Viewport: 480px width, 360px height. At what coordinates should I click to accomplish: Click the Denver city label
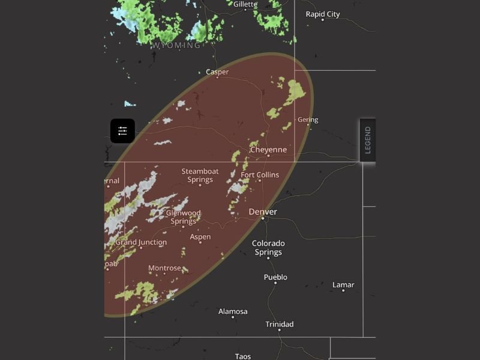tap(263, 212)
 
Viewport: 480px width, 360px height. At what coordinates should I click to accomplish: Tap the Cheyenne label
tap(268, 149)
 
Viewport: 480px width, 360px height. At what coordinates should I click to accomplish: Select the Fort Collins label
tap(260, 175)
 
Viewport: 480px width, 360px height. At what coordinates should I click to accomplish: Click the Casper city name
tap(217, 72)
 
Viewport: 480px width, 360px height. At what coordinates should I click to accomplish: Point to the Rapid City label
tap(322, 14)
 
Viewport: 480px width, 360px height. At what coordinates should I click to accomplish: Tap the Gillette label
tap(245, 4)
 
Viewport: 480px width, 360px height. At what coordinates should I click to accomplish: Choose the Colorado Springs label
tap(268, 248)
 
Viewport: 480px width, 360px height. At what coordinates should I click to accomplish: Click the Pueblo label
tap(275, 277)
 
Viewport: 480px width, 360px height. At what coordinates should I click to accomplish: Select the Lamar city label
tap(343, 284)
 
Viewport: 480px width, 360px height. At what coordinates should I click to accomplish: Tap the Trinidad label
tap(280, 324)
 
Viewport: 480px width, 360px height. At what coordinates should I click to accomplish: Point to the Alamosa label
tap(233, 311)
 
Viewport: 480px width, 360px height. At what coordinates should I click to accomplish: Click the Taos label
tap(243, 356)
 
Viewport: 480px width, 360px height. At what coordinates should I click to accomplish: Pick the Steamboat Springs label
tap(200, 175)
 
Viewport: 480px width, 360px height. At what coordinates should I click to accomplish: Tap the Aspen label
tap(200, 237)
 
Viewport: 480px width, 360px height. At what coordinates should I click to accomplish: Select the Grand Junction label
tap(141, 242)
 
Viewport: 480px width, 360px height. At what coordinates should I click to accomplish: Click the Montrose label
tap(164, 268)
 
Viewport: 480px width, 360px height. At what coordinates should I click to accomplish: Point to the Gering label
tap(308, 119)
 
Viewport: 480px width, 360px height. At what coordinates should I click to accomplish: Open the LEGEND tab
tap(368, 140)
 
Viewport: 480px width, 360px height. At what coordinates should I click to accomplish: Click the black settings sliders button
tap(122, 131)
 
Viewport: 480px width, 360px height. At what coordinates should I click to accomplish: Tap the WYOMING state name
tap(176, 46)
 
